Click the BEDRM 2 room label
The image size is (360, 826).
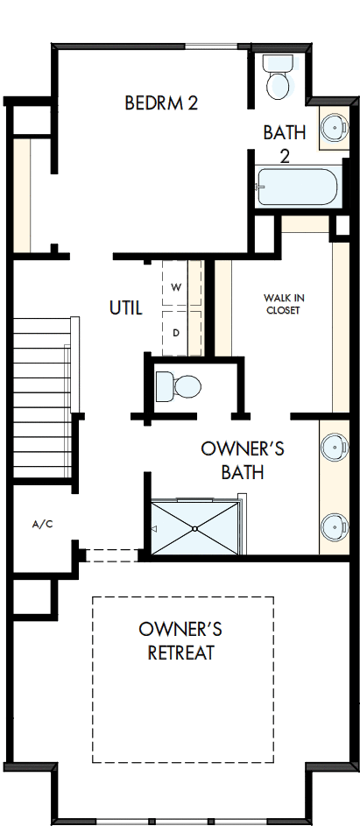(161, 103)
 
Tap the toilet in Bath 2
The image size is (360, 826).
(279, 78)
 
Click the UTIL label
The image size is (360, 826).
(126, 307)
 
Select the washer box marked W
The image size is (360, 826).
(176, 287)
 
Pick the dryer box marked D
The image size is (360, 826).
(176, 333)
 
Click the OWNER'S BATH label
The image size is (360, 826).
(243, 461)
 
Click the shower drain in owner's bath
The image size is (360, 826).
(194, 529)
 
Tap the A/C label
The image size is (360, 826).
(42, 525)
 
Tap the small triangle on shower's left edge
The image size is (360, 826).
(155, 530)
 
